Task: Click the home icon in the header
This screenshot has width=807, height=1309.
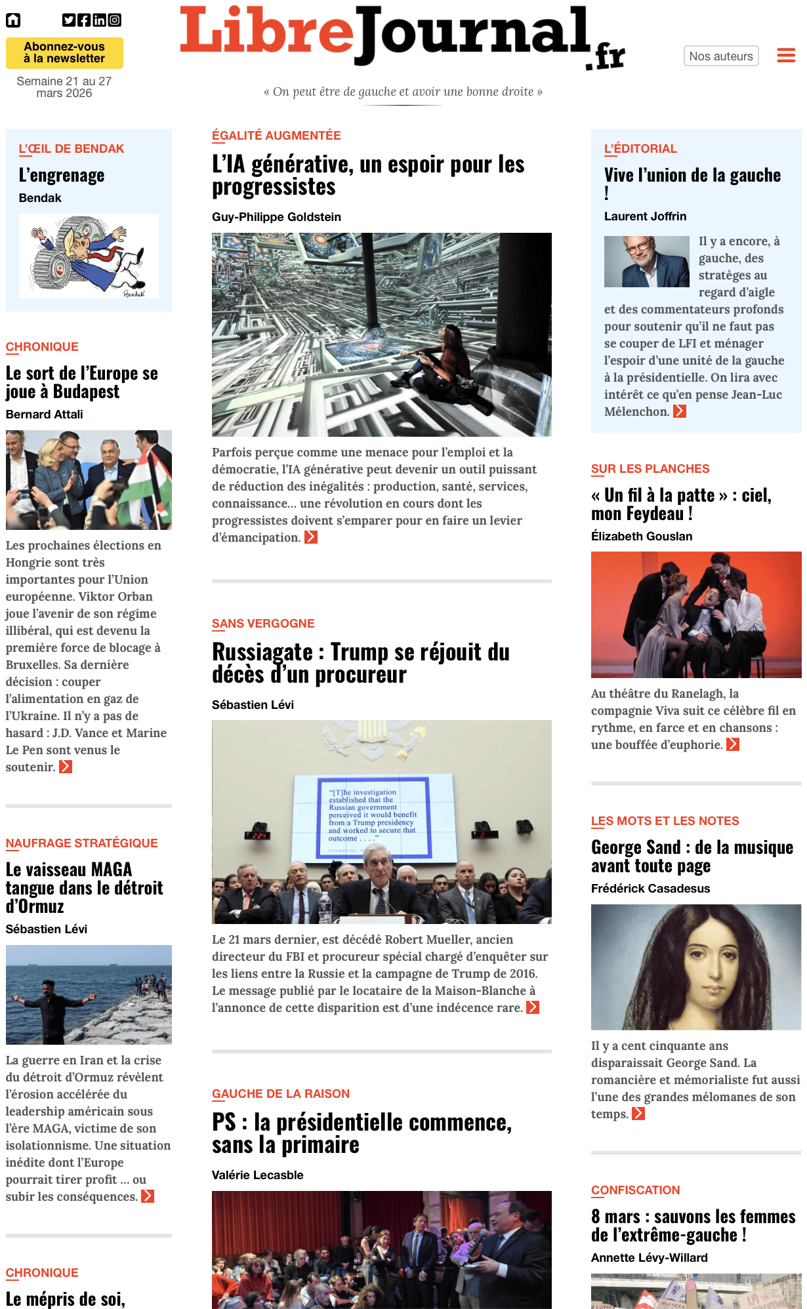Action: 13,20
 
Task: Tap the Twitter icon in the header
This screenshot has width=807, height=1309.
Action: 69,20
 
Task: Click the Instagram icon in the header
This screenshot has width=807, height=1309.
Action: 115,20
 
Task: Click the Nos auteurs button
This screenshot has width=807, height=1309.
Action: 720,56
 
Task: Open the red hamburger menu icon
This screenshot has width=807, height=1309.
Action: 786,56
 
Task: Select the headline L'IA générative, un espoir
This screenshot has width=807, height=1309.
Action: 368,175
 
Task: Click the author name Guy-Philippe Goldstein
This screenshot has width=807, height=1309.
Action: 276,217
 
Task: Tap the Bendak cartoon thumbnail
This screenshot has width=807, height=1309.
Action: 89,256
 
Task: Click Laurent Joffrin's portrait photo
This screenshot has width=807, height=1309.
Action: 646,262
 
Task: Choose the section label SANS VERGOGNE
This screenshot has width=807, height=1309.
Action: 263,624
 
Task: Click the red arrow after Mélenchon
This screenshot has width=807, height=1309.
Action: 680,412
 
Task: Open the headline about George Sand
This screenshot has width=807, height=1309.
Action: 692,856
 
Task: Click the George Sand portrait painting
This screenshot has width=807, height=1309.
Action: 695,967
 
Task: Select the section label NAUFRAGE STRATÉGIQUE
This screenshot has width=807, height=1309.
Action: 81,843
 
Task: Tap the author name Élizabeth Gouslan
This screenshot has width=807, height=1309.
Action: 641,536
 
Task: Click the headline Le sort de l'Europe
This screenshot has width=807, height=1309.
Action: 82,382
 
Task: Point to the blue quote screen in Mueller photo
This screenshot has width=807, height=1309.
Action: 375,816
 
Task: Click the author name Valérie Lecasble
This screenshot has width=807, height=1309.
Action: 257,1175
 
